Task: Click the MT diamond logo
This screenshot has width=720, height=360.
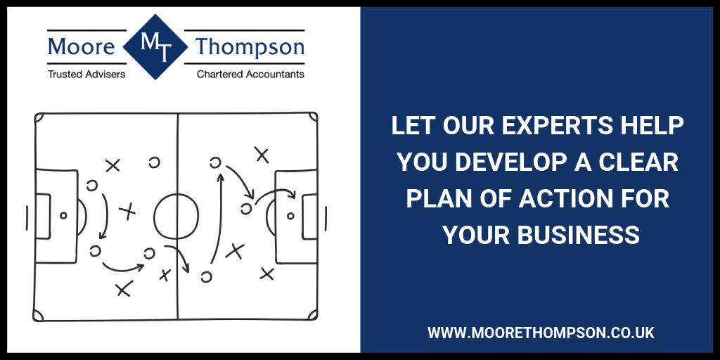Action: coord(155,47)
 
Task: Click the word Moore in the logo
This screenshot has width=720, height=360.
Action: coord(81,47)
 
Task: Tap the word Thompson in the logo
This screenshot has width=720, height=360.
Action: coord(250,47)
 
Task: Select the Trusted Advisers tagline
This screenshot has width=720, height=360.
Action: coord(86,73)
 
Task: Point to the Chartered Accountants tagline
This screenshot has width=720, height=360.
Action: coord(250,73)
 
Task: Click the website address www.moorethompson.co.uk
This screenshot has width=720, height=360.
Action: coord(541,333)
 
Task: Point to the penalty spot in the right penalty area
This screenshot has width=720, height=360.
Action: coord(290,216)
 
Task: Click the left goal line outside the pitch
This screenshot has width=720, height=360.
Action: coord(27,217)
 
